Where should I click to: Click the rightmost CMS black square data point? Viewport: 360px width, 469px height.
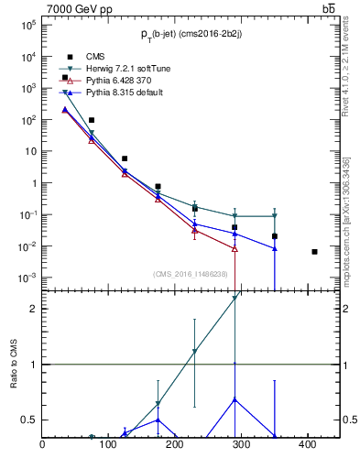pyautogui.click(x=314, y=252)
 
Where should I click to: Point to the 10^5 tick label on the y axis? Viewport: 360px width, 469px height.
pyautogui.click(x=27, y=25)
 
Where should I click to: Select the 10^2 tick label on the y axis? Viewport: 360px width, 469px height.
pyautogui.click(x=27, y=120)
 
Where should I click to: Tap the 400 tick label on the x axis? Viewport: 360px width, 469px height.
pyautogui.click(x=307, y=445)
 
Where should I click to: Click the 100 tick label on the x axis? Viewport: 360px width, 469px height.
pyautogui.click(x=108, y=445)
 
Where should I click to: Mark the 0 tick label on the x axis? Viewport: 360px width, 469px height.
pyautogui.click(x=42, y=445)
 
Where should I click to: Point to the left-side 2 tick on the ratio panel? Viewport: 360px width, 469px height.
pyautogui.click(x=34, y=309)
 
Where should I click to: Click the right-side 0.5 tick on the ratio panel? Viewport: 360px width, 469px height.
pyautogui.click(x=350, y=420)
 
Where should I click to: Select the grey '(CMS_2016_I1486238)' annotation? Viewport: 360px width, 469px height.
pyautogui.click(x=191, y=274)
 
